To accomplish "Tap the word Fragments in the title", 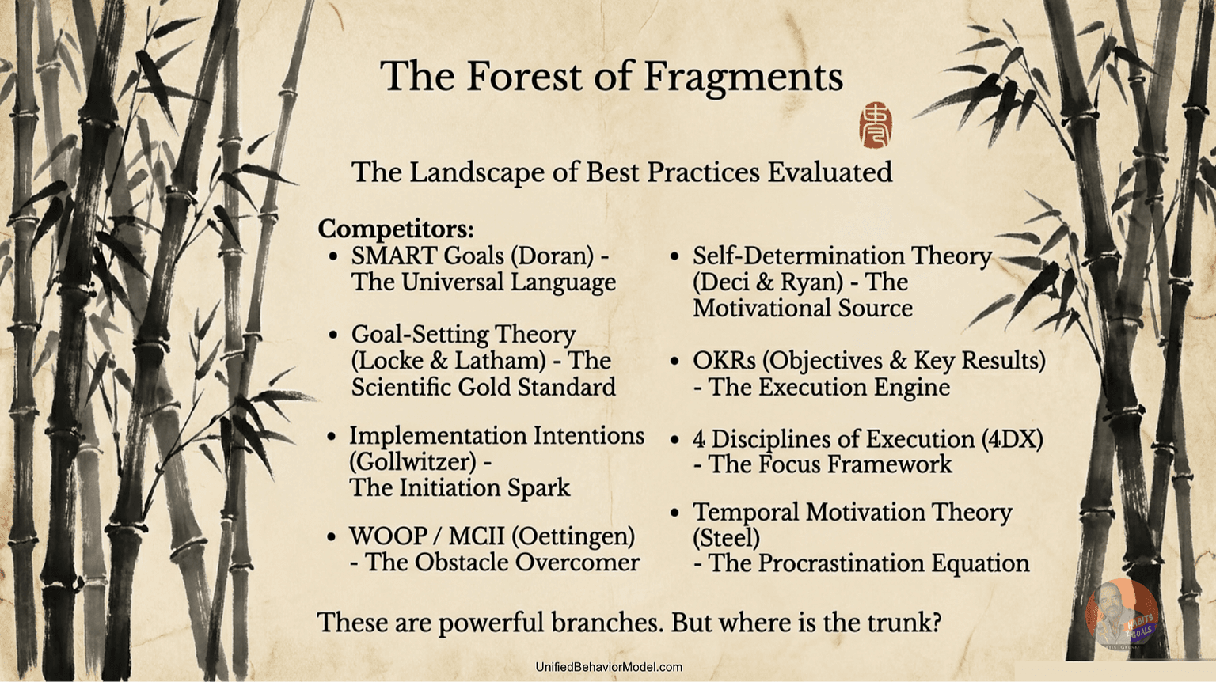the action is tap(743, 78).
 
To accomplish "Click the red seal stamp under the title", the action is tap(875, 124).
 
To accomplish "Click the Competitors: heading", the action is tap(396, 229).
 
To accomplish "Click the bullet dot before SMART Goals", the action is tap(333, 256).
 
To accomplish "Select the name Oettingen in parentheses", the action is tap(572, 537).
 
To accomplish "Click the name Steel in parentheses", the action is tap(726, 538).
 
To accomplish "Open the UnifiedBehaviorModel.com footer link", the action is tap(609, 667).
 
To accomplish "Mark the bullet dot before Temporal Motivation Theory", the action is tap(674, 512).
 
